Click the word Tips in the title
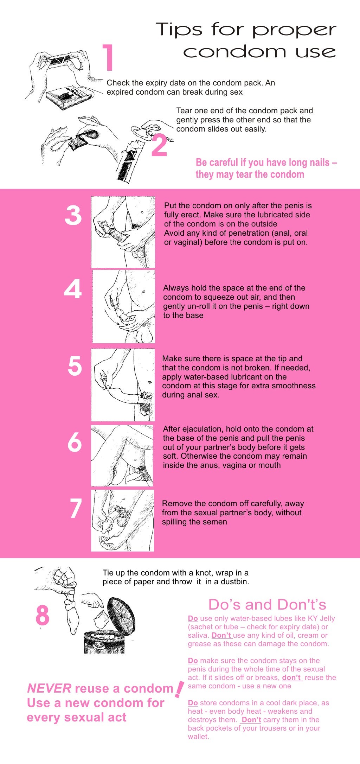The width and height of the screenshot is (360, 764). coord(179,30)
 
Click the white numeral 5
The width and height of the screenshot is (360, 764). coord(75,366)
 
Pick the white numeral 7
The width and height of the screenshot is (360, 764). coord(76,508)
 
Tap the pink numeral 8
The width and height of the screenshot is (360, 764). coord(43,615)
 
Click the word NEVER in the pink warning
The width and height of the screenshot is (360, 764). coord(49,688)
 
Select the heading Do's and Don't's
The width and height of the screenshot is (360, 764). coord(267,605)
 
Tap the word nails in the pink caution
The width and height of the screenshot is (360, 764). coord(309,163)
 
